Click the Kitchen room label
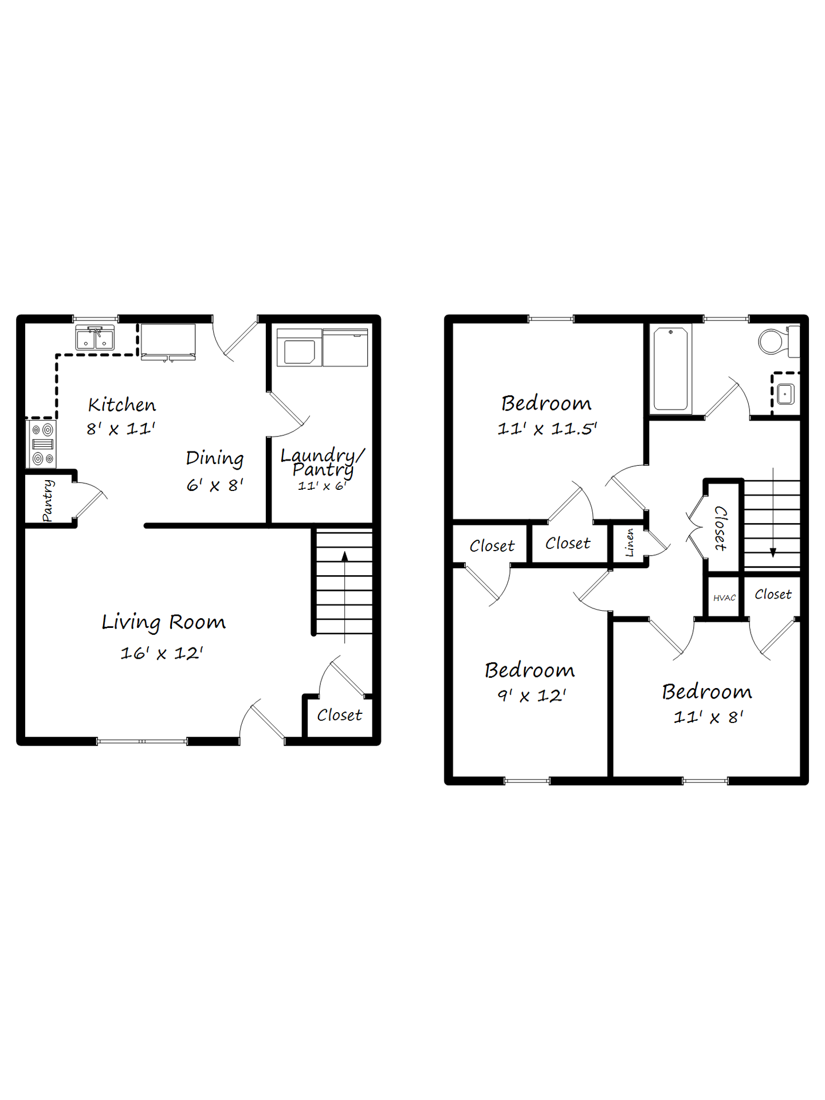click(121, 405)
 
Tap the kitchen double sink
click(95, 338)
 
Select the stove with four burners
click(42, 444)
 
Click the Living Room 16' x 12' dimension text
click(162, 653)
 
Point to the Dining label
click(215, 458)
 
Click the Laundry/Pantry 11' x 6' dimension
click(322, 486)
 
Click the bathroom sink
click(785, 394)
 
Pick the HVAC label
click(724, 598)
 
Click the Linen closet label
click(630, 542)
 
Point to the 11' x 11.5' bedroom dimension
click(547, 429)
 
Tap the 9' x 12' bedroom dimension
click(532, 696)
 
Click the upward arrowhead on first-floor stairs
click(344, 556)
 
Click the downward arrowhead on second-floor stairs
click(773, 553)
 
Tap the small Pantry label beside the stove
click(48, 501)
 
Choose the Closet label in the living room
click(340, 716)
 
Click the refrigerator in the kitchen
click(168, 342)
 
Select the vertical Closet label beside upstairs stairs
click(721, 528)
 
